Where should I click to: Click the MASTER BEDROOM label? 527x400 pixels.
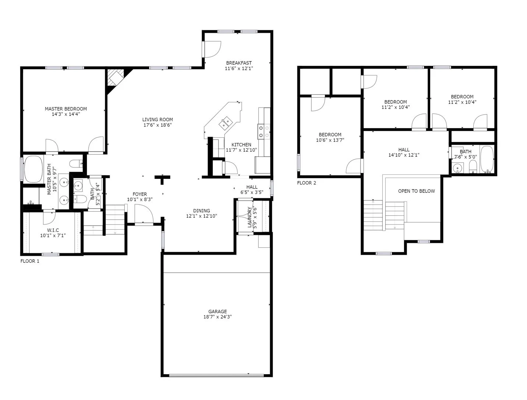pyautogui.click(x=66, y=109)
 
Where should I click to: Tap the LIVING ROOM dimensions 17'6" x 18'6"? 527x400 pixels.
pyautogui.click(x=158, y=125)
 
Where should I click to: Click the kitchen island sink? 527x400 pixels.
pyautogui.click(x=226, y=123)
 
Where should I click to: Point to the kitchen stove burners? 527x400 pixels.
pyautogui.click(x=263, y=131)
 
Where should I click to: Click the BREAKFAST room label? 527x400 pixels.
pyautogui.click(x=239, y=63)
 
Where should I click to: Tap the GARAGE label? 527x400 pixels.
pyautogui.click(x=217, y=311)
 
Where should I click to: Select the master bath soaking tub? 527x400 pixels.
pyautogui.click(x=33, y=169)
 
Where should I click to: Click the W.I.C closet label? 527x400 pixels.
pyautogui.click(x=53, y=230)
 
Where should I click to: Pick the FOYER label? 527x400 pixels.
pyautogui.click(x=140, y=194)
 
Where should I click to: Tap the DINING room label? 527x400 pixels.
pyautogui.click(x=201, y=211)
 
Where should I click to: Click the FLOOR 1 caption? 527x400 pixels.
pyautogui.click(x=30, y=261)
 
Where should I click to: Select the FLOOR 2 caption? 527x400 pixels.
pyautogui.click(x=307, y=183)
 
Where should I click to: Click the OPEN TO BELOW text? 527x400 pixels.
pyautogui.click(x=416, y=191)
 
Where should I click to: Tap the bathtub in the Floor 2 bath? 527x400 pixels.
pyautogui.click(x=487, y=160)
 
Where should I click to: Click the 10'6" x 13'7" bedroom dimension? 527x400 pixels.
pyautogui.click(x=330, y=140)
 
